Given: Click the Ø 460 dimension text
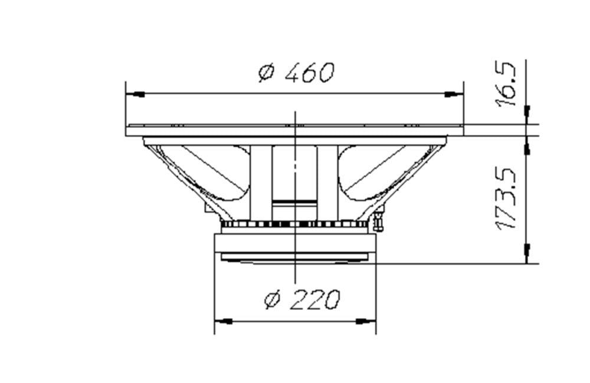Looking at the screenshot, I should coord(297,72).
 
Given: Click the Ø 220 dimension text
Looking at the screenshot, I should coord(301,300).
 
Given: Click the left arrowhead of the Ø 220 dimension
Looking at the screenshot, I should coord(223,321).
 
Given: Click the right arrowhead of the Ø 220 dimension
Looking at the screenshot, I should coord(366,321).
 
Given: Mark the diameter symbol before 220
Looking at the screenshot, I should coord(271,301).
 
